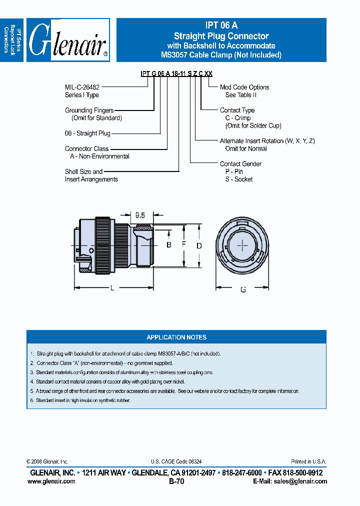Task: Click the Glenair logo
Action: tap(68, 40)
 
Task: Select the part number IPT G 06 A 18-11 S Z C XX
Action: tap(176, 73)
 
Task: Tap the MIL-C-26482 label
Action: tap(82, 87)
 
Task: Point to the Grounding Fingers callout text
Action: tap(89, 110)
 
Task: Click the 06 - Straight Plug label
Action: tap(87, 133)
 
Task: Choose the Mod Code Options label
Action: tap(244, 87)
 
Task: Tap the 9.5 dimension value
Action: tap(140, 215)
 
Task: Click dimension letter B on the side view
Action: tap(169, 244)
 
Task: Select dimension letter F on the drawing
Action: tap(184, 245)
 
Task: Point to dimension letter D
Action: tap(199, 245)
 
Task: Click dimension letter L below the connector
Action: tap(111, 288)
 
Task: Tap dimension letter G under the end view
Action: tap(243, 289)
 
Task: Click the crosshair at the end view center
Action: tap(242, 245)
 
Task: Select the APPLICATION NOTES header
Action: tap(176, 337)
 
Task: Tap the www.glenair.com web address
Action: tap(51, 481)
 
